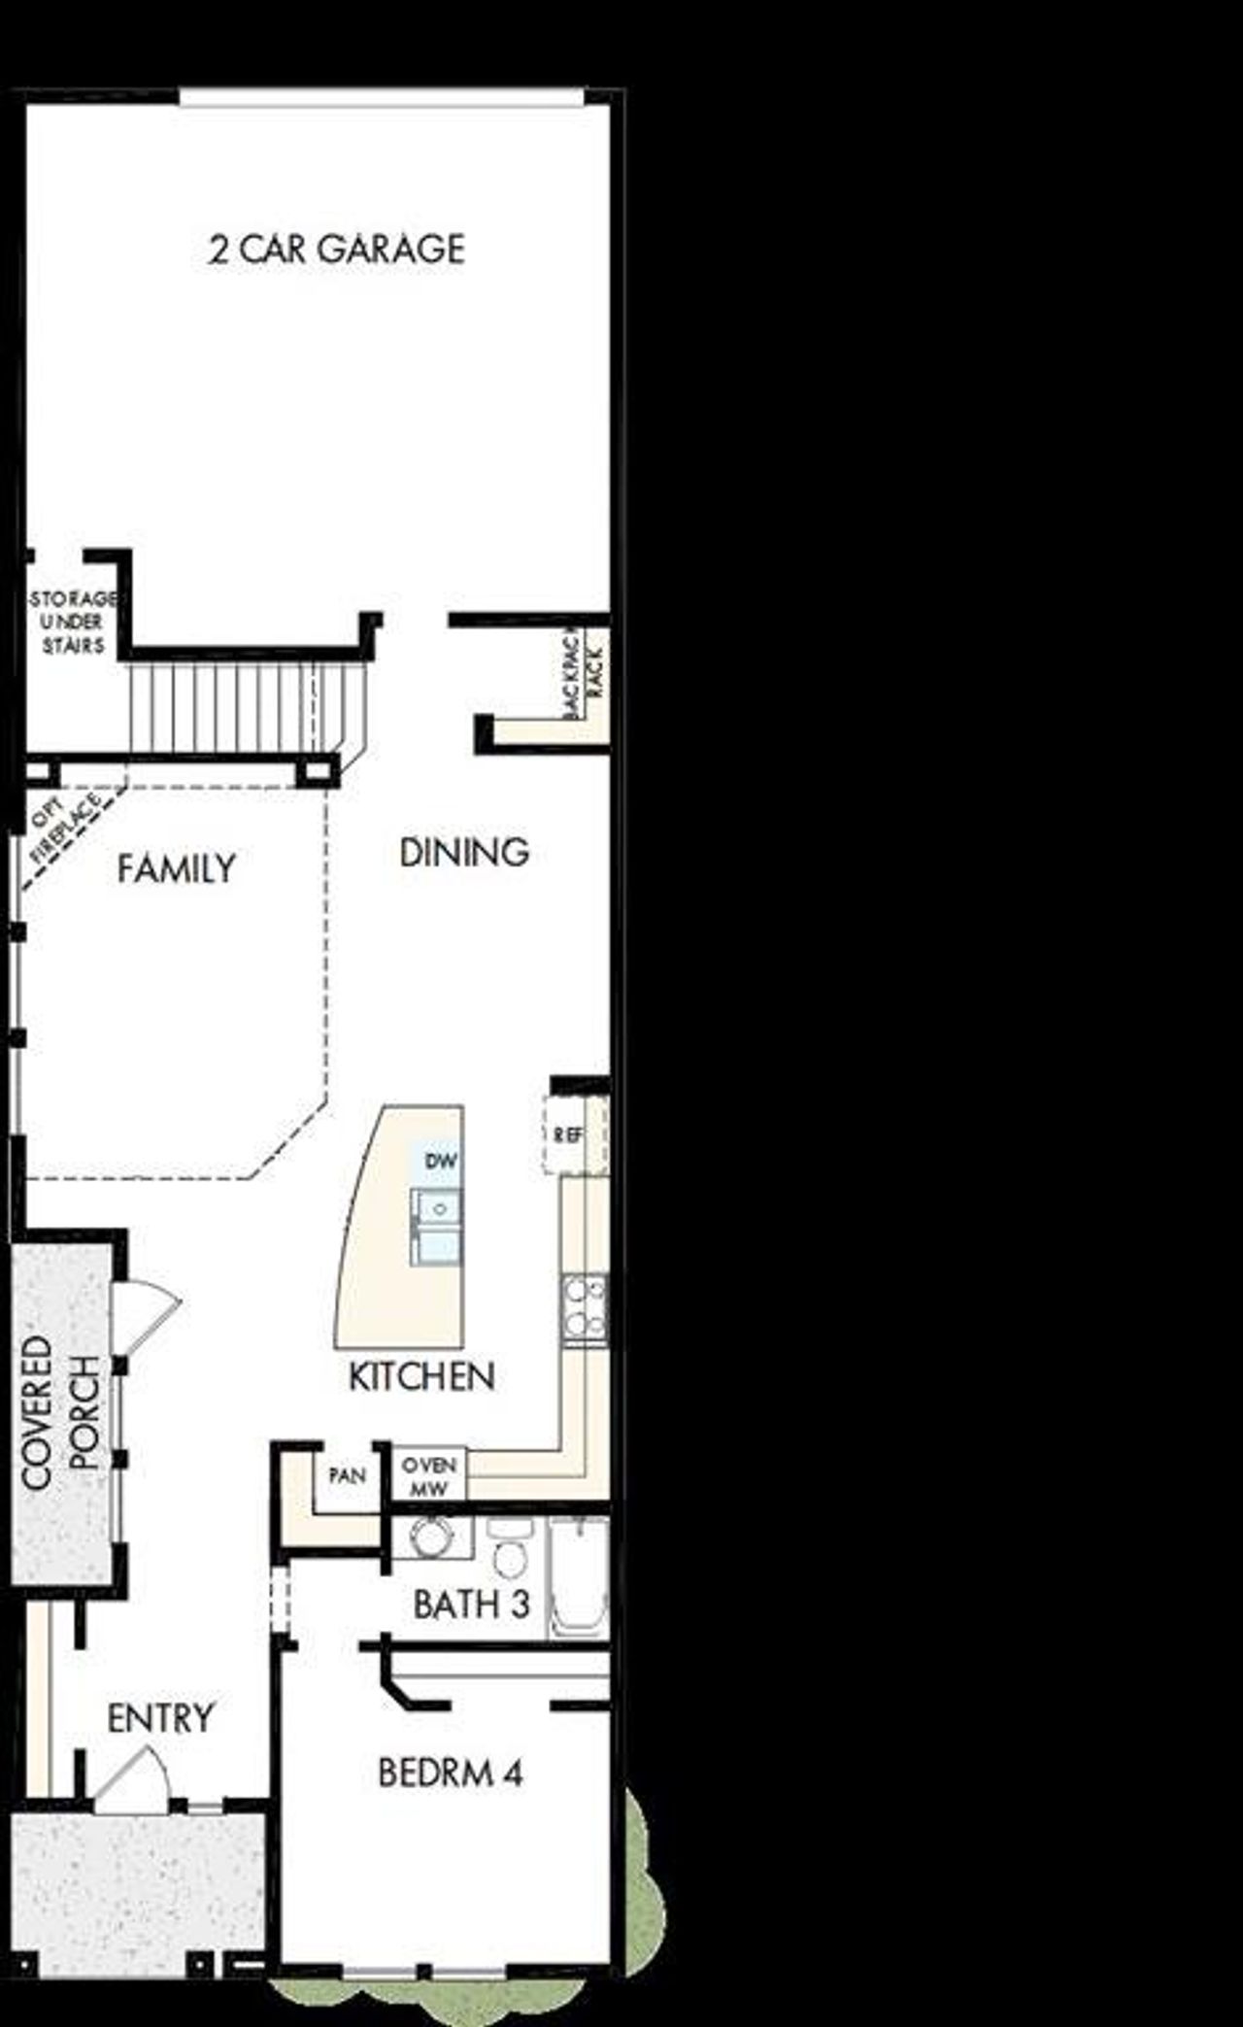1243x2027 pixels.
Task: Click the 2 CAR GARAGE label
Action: point(337,250)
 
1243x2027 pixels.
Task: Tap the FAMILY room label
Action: point(177,867)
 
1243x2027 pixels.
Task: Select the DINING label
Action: point(464,852)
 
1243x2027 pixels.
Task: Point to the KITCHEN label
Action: point(421,1376)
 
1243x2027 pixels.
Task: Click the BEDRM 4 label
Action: point(450,1773)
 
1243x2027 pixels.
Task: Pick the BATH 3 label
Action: point(471,1604)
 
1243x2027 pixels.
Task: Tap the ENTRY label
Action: point(160,1717)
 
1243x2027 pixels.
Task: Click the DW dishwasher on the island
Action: point(441,1161)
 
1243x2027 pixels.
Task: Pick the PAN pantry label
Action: point(347,1475)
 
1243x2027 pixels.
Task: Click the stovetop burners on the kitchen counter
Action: point(585,1307)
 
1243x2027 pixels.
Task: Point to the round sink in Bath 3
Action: point(428,1537)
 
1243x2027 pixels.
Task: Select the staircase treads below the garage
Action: point(233,706)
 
